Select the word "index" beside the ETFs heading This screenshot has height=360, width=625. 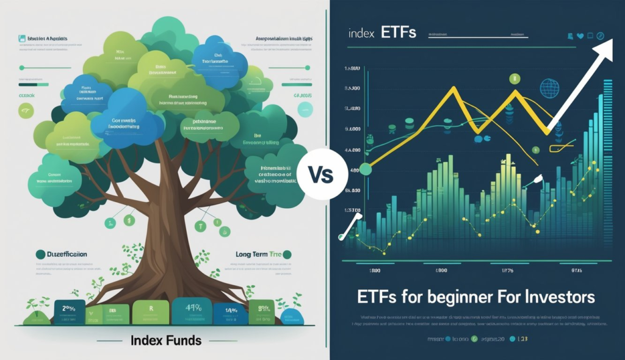(x=361, y=33)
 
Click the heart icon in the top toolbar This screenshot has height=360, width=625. (x=580, y=36)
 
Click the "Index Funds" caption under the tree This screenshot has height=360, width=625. (x=166, y=341)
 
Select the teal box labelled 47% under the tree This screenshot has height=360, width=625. (x=193, y=309)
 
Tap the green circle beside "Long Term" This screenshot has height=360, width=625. (x=287, y=254)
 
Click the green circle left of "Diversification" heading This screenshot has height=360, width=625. (x=40, y=254)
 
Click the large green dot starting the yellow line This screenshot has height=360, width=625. (x=366, y=169)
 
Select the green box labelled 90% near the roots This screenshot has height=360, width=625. (x=264, y=309)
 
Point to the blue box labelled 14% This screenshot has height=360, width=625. (x=230, y=311)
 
